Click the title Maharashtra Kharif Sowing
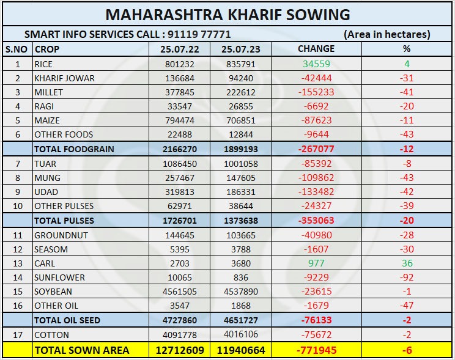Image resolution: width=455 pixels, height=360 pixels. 227,14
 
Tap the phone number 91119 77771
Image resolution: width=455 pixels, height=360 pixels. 199,34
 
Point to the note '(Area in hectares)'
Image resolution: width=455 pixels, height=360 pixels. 387,34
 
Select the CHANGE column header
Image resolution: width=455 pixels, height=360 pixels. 316,49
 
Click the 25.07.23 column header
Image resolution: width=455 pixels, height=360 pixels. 240,49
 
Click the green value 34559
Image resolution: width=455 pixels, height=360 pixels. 316,64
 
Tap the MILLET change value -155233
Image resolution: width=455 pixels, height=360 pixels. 316,92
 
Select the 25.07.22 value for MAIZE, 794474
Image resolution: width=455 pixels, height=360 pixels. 180,120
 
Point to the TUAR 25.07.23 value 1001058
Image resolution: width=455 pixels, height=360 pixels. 240,164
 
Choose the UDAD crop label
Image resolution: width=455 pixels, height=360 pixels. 46,192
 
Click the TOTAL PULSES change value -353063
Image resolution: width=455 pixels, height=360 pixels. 316,221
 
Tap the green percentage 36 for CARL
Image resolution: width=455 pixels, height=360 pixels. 407,263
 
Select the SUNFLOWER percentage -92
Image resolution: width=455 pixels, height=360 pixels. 407,277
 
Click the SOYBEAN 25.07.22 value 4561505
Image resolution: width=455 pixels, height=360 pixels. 180,292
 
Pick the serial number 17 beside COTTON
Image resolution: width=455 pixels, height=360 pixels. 17,335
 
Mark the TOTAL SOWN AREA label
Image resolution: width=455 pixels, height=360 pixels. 81,350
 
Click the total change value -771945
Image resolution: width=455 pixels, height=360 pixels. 316,350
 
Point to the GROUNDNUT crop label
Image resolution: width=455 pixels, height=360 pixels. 61,235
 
